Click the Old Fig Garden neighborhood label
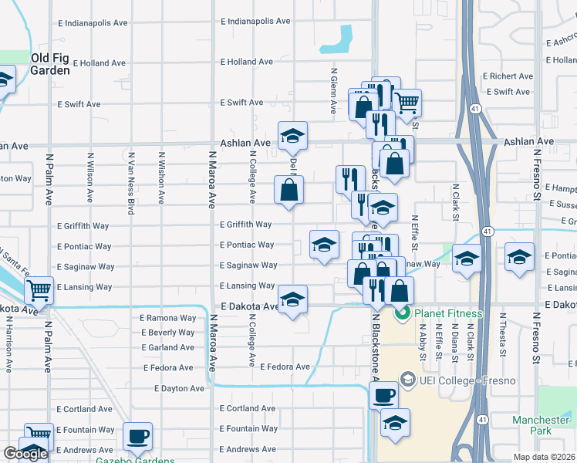50,64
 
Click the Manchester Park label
541,426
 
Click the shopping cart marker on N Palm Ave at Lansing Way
39,291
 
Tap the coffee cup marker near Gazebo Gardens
138,437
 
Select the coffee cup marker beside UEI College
383,396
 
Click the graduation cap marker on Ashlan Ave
292,136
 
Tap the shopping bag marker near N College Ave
288,190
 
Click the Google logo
25,454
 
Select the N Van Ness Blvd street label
130,183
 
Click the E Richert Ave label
508,76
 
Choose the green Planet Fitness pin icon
402,313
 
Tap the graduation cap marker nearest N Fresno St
519,257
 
